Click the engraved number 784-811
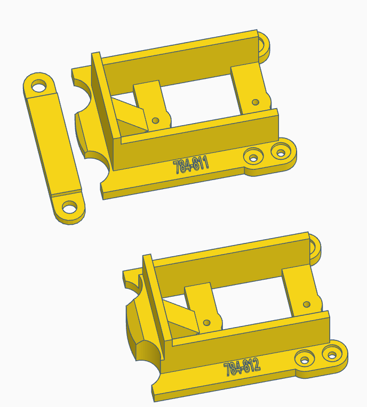coord(191,165)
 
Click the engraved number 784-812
coord(242,367)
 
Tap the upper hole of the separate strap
coord(38,85)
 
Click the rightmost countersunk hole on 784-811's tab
coord(279,151)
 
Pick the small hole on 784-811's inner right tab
coord(255,102)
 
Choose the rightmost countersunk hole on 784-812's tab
coord(332,353)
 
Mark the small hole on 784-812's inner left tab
coord(207,322)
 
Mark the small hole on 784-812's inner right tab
coord(306,305)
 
